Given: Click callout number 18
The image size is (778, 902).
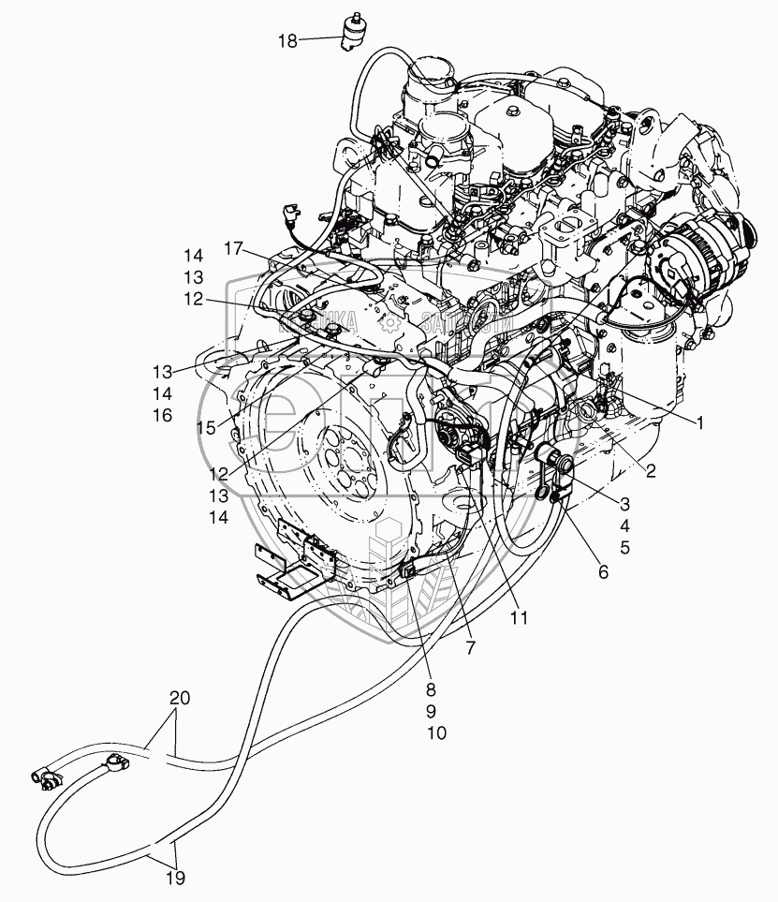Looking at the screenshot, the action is (x=287, y=40).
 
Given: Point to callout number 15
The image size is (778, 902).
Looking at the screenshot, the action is (x=206, y=427).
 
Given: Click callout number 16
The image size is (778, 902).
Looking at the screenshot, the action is (x=163, y=415).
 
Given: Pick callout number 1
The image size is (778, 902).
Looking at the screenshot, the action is (x=697, y=421).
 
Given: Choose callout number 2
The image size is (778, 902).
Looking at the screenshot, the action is (x=650, y=473).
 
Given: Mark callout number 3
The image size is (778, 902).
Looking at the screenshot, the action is (x=624, y=505).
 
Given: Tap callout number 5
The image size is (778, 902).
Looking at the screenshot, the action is (x=624, y=546).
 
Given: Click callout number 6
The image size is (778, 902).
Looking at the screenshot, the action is (x=602, y=571).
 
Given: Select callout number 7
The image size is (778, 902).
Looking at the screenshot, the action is (x=471, y=646).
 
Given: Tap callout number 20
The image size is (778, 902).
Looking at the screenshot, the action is (x=179, y=699).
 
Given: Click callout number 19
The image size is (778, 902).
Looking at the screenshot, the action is (x=175, y=878).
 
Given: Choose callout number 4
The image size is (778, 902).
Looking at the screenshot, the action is (x=624, y=525).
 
